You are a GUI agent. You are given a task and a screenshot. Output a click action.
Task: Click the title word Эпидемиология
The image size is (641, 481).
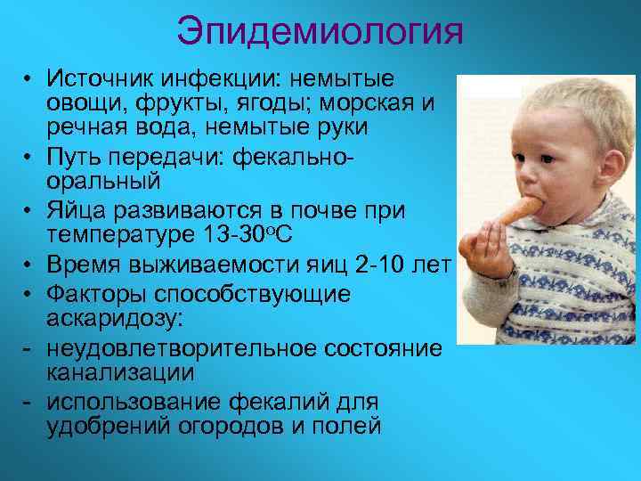pyautogui.click(x=320, y=33)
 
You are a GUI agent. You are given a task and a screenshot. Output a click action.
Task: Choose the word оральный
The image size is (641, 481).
pyautogui.click(x=103, y=182)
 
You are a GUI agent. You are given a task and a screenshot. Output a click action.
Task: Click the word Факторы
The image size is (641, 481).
pyautogui.click(x=97, y=294)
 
